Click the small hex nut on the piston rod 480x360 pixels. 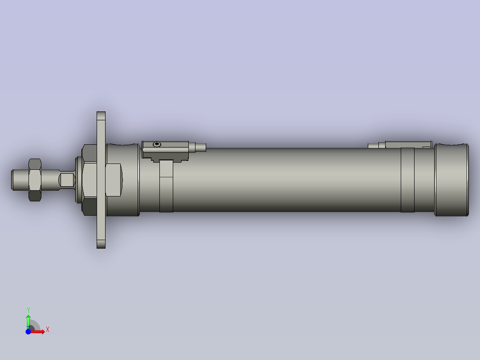click(x=35, y=180)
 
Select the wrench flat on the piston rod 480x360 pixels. click(x=67, y=180)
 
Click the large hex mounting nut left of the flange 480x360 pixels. click(x=88, y=180)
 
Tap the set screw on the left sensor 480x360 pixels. click(x=156, y=144)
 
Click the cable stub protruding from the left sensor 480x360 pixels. click(x=200, y=147)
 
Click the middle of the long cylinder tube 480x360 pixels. click(x=285, y=180)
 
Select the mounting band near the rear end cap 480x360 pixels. click(x=407, y=180)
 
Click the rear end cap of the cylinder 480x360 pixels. click(x=452, y=180)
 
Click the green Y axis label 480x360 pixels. click(x=28, y=310)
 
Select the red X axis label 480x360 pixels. click(x=47, y=330)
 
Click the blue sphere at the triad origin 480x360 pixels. click(x=28, y=332)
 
